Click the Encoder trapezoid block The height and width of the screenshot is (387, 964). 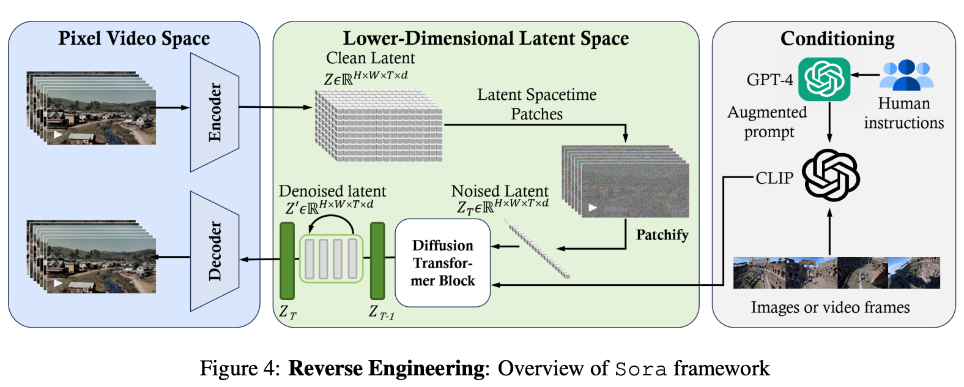214,112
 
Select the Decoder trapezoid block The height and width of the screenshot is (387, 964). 214,251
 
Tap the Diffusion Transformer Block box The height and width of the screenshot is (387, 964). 442,263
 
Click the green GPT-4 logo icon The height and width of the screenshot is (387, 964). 824,79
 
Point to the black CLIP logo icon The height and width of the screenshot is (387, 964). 830,176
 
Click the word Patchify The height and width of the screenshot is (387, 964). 662,235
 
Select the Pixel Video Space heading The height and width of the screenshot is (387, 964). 134,39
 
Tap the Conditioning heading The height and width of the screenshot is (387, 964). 837,39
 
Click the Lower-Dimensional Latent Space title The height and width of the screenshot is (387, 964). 486,39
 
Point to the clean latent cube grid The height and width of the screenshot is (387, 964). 378,126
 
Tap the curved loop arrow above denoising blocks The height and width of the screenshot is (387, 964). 331,224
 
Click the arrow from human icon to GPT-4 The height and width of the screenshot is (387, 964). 865,75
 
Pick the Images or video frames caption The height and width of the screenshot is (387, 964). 830,307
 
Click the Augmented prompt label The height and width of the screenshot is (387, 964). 768,122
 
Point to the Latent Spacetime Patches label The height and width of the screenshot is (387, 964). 536,104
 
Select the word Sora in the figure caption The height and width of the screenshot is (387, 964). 640,369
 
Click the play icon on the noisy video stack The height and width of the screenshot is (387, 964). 592,208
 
